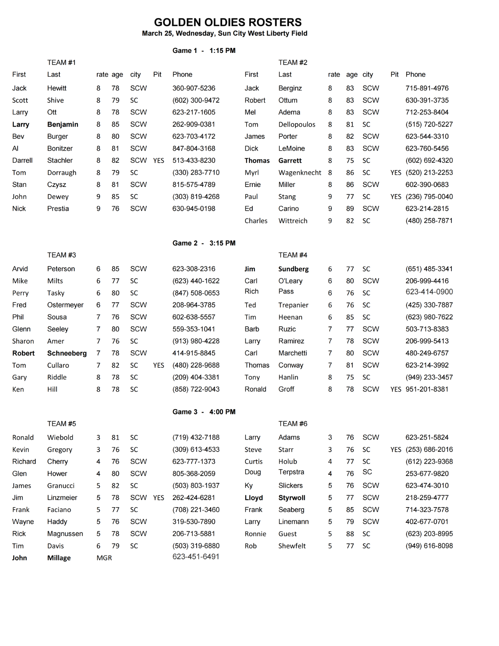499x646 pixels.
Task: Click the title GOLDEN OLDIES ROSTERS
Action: tap(228, 22)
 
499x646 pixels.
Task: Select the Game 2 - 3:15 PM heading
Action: tap(204, 243)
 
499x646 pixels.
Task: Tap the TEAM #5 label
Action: tap(61, 424)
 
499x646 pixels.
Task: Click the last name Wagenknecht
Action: tap(300, 172)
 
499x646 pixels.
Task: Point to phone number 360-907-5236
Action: tap(194, 88)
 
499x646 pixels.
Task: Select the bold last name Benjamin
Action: tap(63, 124)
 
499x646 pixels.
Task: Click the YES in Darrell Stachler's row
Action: tap(159, 160)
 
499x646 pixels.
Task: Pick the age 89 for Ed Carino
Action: tap(350, 208)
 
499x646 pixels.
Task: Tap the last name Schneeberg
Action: tap(67, 353)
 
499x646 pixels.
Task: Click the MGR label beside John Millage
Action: tap(104, 558)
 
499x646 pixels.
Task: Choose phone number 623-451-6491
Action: tap(196, 556)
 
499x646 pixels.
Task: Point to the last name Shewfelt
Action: tap(292, 546)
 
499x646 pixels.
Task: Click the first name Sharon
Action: tap(23, 341)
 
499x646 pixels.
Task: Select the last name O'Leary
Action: tap(290, 281)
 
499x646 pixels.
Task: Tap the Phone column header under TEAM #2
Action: tap(415, 74)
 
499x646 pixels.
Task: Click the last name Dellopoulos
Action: tap(297, 124)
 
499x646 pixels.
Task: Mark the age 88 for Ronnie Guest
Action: tap(350, 534)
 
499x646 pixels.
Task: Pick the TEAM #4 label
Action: tap(293, 255)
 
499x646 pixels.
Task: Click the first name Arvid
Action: tap(20, 268)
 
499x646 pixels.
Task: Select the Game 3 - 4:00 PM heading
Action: tap(204, 412)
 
